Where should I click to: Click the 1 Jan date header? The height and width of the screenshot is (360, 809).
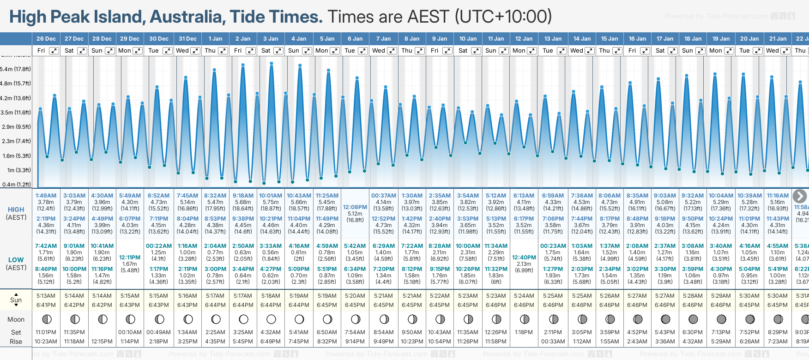click(215, 39)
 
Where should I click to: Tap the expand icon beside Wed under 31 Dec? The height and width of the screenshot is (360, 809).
click(195, 51)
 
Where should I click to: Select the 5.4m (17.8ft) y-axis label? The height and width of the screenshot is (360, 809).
click(16, 69)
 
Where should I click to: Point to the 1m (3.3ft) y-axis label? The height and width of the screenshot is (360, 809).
click(17, 170)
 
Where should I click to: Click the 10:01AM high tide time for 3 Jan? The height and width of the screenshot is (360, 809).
click(271, 196)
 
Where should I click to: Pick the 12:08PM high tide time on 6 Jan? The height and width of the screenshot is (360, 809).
click(355, 207)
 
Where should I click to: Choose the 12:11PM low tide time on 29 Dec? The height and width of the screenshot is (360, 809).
click(130, 258)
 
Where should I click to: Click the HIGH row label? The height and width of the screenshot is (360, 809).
click(16, 210)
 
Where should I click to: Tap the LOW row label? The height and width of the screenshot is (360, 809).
click(16, 260)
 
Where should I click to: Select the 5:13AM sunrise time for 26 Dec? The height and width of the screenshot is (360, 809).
click(46, 296)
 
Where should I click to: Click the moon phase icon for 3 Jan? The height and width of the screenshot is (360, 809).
click(271, 319)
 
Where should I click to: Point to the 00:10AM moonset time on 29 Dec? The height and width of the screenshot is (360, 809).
click(130, 332)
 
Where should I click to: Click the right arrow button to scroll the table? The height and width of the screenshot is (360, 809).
click(799, 196)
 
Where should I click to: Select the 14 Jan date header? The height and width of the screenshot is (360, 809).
click(582, 39)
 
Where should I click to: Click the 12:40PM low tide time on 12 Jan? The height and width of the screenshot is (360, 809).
click(524, 258)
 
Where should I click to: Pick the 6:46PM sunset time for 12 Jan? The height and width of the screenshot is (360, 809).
click(524, 305)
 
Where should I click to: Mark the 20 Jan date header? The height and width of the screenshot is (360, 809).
click(749, 39)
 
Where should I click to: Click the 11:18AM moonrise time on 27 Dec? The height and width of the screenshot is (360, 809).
click(74, 342)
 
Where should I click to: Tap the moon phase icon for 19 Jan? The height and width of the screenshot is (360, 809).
click(721, 319)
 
